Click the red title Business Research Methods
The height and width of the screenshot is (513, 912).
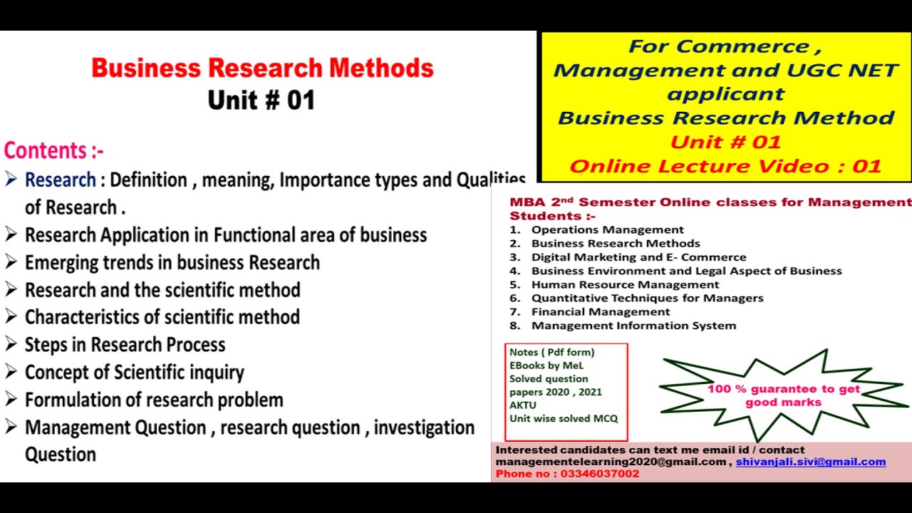262,68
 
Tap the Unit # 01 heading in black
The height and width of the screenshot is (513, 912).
261,100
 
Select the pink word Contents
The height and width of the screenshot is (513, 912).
48,151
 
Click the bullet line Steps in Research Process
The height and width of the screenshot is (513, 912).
125,345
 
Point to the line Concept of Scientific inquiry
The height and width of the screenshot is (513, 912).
134,373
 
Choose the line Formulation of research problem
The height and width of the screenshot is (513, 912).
154,400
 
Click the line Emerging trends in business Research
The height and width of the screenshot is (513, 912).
172,262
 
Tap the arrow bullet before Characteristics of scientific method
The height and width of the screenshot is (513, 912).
11,316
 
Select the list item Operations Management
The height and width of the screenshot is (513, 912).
607,229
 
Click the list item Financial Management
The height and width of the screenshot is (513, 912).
600,311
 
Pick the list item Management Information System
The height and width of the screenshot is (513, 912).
633,326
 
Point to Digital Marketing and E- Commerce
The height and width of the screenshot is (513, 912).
638,257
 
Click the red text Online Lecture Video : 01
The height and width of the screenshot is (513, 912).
725,167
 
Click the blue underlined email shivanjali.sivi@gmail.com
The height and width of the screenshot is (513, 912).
811,462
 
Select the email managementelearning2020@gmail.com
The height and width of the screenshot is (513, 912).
611,462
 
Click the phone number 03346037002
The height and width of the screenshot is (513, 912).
600,474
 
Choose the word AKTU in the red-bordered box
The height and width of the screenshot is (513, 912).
523,405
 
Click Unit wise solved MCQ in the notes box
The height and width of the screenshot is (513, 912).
563,418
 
